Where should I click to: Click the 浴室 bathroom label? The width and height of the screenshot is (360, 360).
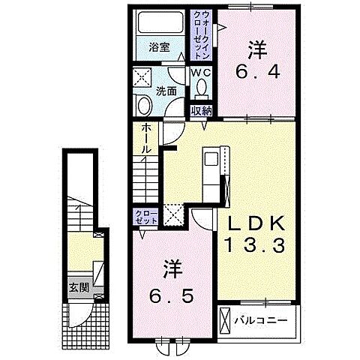click(x=159, y=47)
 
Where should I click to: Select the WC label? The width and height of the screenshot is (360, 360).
click(x=201, y=73)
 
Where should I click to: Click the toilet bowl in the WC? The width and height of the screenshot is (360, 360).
click(x=202, y=88)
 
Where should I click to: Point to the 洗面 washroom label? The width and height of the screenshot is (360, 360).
click(x=166, y=91)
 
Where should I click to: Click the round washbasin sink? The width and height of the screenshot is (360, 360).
click(x=145, y=106)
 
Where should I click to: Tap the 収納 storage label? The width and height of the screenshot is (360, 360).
click(x=202, y=110)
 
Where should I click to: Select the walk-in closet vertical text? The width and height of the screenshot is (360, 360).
click(x=201, y=34)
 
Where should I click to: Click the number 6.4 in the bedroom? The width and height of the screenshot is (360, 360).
click(x=257, y=73)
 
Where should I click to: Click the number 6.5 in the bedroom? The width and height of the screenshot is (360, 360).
click(x=172, y=296)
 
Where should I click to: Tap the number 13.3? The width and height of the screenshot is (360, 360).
click(x=255, y=245)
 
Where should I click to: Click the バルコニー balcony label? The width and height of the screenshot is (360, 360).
click(x=261, y=320)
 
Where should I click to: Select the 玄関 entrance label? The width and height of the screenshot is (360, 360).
click(x=79, y=288)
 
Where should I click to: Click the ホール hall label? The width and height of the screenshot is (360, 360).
click(x=147, y=139)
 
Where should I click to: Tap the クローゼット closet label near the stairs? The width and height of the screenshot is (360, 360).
click(x=146, y=217)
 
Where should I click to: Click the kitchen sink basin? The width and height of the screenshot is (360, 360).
click(x=211, y=159)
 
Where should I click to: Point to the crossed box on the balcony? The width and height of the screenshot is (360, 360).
click(x=224, y=321)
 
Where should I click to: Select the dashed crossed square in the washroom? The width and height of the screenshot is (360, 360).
click(x=142, y=77)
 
